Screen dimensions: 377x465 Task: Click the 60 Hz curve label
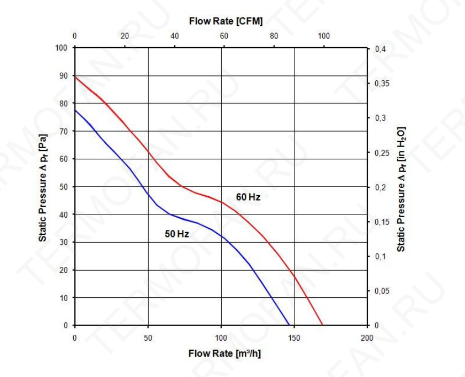(248, 197)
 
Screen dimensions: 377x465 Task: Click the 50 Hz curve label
(177, 234)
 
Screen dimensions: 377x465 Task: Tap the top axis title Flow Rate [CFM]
(226, 21)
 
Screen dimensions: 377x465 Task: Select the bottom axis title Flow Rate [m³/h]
(224, 354)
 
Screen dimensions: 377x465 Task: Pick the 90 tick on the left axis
(64, 75)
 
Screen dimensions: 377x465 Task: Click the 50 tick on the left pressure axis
(64, 187)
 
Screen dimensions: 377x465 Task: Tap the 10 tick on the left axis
(64, 297)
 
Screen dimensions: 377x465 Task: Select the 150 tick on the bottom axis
(294, 338)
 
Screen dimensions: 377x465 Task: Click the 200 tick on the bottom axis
(367, 338)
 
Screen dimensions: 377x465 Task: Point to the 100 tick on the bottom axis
(221, 338)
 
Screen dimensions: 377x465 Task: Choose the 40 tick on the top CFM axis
(174, 36)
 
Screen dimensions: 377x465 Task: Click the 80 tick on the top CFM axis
(274, 36)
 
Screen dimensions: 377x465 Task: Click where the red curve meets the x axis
(322, 325)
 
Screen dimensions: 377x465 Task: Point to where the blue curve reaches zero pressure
(289, 325)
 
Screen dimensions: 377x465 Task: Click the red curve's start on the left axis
(75, 77)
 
